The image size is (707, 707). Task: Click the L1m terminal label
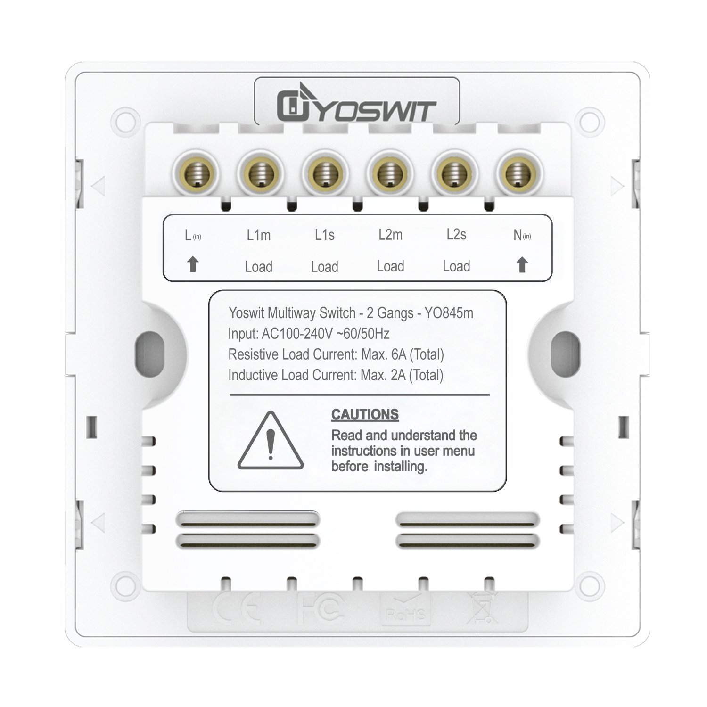[259, 235]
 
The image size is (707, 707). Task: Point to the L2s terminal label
[456, 235]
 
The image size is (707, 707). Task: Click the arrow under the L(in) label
[192, 265]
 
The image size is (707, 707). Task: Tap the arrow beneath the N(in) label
[521, 265]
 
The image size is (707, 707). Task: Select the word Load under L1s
[324, 267]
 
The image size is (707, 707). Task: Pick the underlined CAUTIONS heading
[365, 415]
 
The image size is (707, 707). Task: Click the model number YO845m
[449, 313]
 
